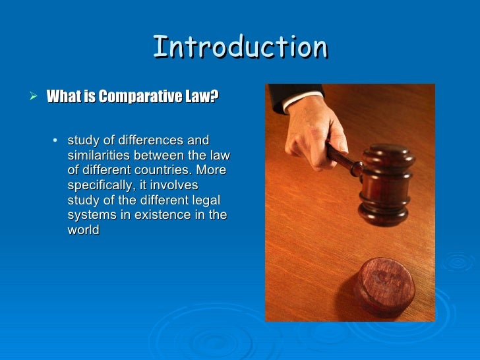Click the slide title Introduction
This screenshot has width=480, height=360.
(240, 47)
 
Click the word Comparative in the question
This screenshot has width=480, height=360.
(131, 98)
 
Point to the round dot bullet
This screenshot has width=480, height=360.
(54, 140)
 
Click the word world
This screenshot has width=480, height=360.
(83, 231)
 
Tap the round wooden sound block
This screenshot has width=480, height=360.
(384, 285)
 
